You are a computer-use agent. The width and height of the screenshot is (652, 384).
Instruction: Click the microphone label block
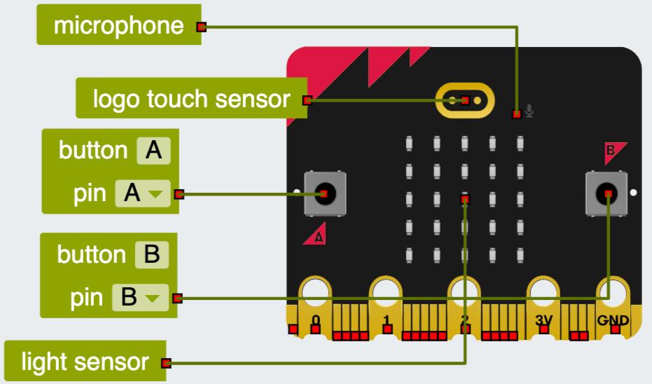pos(119,27)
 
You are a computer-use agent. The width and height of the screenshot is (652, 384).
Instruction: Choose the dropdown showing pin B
pos(141,298)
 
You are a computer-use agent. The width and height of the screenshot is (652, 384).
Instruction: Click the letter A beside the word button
pos(153,150)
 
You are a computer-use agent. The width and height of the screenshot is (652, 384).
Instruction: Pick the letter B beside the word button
pos(151,254)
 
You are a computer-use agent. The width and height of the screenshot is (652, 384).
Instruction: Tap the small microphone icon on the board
pos(530,111)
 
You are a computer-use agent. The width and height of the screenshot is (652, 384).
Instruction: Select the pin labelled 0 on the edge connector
pos(316,321)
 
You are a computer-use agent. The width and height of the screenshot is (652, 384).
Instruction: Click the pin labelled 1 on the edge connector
pos(387,321)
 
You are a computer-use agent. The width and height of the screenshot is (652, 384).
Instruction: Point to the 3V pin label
pos(543,321)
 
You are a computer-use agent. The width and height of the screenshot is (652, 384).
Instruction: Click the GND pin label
pos(613,321)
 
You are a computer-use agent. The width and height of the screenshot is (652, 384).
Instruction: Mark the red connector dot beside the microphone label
pos(202,28)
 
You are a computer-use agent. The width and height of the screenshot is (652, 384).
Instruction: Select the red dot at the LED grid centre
pos(465,200)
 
